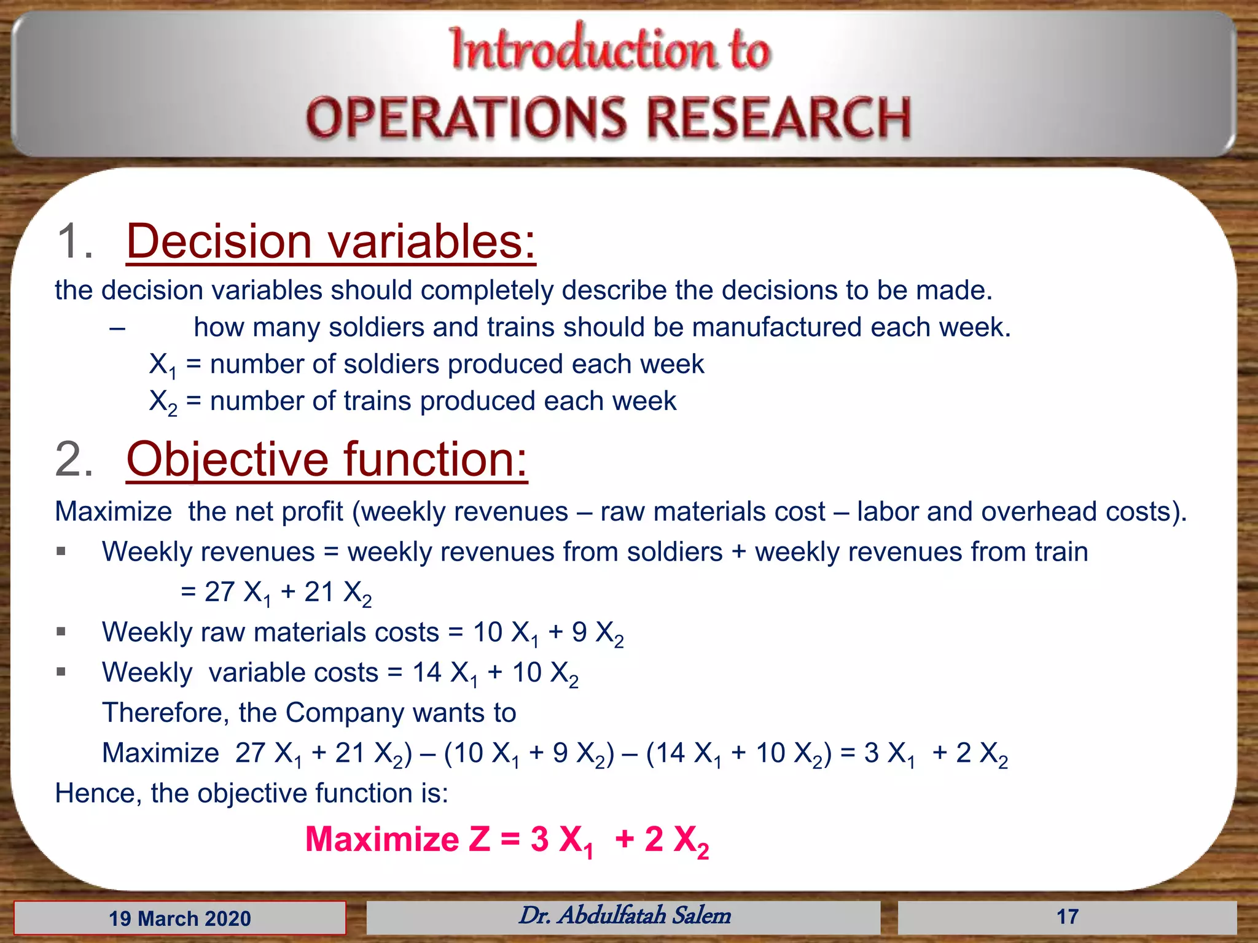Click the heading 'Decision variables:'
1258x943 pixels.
pos(330,241)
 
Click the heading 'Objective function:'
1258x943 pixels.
pos(327,459)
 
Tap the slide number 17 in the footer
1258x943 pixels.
pos(1067,917)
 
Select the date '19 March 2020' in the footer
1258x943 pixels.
pos(180,918)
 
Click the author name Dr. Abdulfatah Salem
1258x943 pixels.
pos(624,915)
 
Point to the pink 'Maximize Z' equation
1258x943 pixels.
pos(507,839)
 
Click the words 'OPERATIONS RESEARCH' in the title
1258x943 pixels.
pos(608,118)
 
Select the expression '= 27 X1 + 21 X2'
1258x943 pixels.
pos(276,592)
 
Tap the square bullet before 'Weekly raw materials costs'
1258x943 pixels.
pos(61,631)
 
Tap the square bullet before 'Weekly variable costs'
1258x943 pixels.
pos(61,672)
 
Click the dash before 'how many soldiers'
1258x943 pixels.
pos(117,328)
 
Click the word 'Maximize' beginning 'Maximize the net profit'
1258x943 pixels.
pos(113,511)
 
